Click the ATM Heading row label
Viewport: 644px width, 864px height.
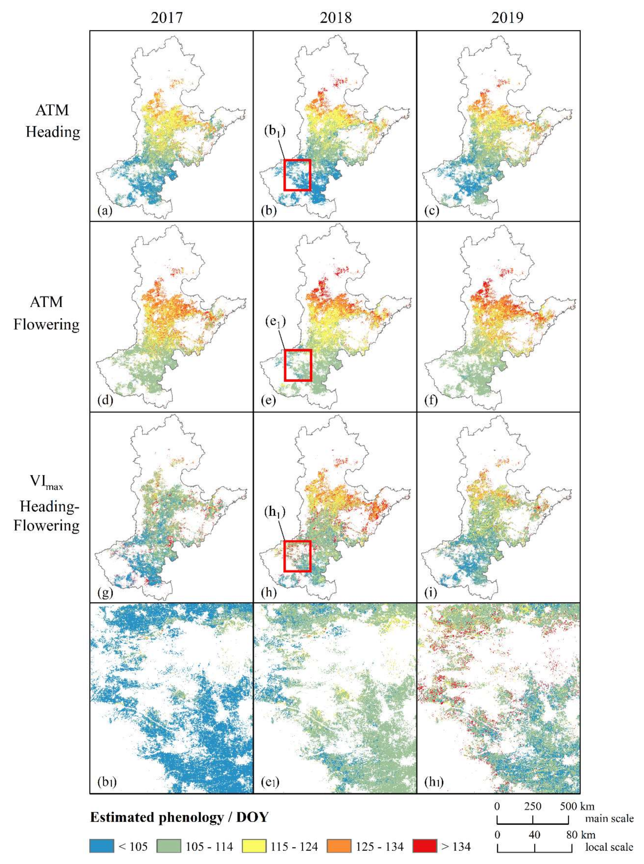coord(52,121)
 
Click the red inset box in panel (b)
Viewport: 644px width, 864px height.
coord(297,175)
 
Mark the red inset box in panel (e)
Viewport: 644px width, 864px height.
coord(298,365)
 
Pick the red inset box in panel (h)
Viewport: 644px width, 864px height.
coord(297,556)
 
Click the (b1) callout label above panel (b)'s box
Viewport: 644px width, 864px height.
coord(275,131)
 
